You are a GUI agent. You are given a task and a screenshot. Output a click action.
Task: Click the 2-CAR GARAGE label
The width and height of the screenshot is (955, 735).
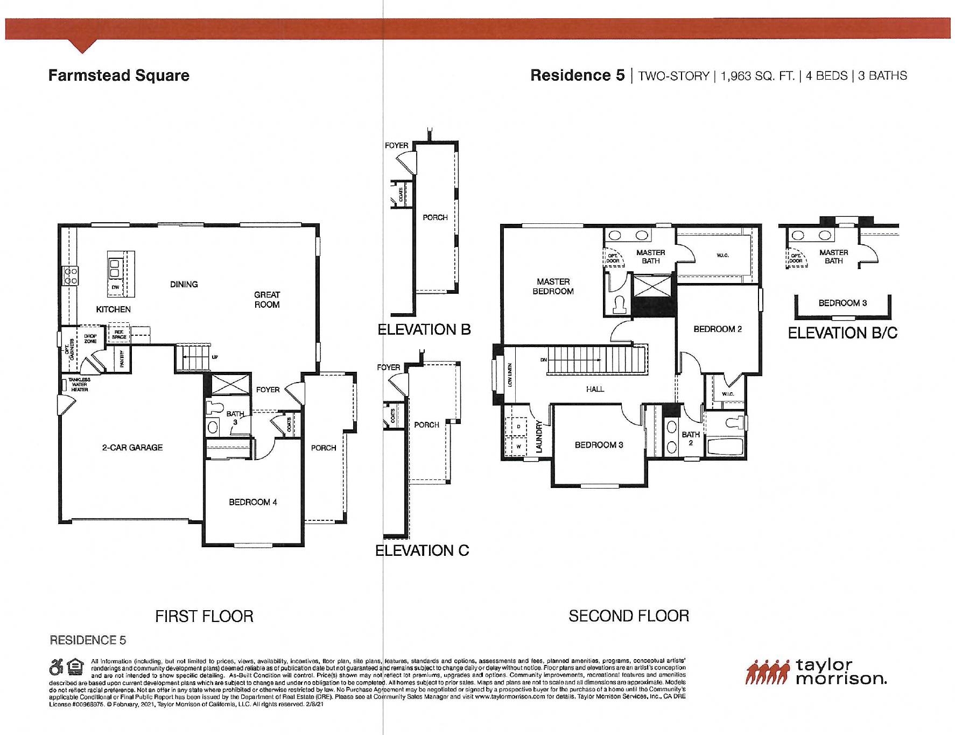click(132, 447)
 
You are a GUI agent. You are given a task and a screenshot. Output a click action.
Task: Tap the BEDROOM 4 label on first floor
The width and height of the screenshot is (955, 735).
click(252, 502)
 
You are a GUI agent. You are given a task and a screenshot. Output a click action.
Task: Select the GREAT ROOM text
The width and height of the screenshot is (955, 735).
click(267, 299)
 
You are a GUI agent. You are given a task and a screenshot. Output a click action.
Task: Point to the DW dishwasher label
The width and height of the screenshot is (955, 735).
click(115, 287)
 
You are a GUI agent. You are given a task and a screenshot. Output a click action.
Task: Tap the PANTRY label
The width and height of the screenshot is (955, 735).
click(122, 358)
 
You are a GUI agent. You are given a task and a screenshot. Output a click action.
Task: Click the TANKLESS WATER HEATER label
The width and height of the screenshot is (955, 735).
click(80, 384)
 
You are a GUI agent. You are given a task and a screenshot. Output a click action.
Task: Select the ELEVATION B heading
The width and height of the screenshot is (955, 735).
click(424, 329)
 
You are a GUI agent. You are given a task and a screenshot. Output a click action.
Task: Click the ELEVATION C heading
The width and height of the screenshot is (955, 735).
click(422, 550)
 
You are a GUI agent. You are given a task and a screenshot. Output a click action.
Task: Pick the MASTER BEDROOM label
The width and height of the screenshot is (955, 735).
click(553, 286)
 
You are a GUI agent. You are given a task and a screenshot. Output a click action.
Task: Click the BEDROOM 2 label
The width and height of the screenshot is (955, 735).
click(718, 329)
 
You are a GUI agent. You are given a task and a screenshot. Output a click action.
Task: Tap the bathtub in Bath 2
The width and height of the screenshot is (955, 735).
click(724, 448)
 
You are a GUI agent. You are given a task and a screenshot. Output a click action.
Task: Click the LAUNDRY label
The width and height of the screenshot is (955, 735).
click(540, 436)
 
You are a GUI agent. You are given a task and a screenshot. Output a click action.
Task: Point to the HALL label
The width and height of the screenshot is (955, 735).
click(595, 388)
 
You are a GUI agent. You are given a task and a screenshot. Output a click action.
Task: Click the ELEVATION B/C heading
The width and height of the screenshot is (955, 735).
click(842, 333)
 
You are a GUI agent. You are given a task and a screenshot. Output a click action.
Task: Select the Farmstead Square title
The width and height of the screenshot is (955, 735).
click(119, 75)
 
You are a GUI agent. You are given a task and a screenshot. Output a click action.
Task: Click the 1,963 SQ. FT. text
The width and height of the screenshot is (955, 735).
click(757, 76)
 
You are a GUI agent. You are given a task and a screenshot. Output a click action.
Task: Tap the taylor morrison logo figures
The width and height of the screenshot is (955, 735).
click(768, 673)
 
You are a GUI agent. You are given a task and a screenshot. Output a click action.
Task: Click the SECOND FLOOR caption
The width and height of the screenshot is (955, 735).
click(628, 616)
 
